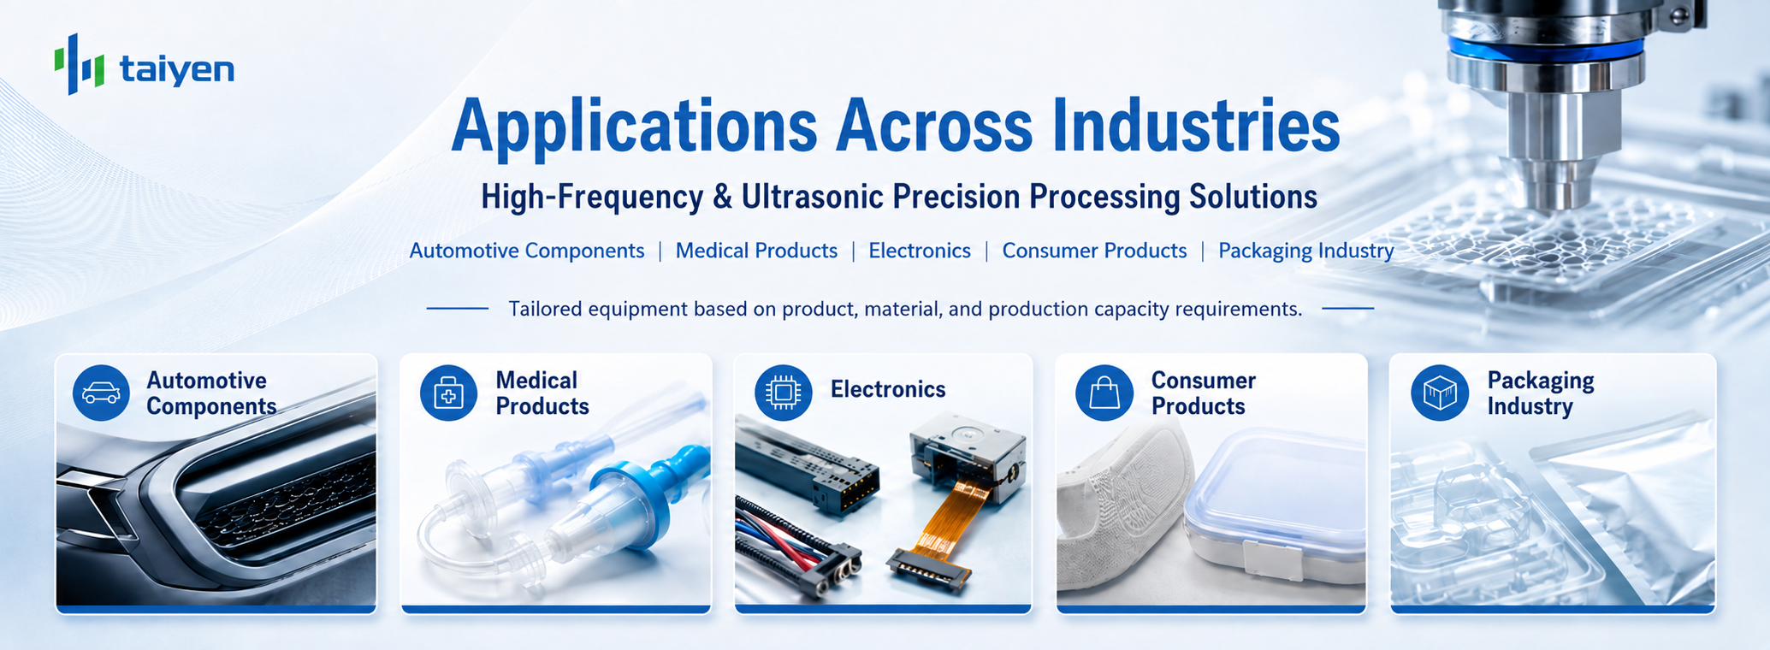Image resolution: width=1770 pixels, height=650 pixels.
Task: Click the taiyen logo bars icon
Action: pyautogui.click(x=80, y=63)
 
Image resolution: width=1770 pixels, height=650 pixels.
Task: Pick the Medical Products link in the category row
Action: pyautogui.click(x=756, y=251)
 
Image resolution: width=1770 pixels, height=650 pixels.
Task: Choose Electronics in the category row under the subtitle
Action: pyautogui.click(x=920, y=251)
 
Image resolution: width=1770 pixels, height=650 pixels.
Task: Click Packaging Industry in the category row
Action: pyautogui.click(x=1306, y=251)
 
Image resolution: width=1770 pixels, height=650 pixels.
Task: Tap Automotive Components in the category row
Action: pyautogui.click(x=527, y=251)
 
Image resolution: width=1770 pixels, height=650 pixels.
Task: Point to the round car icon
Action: pyautogui.click(x=101, y=393)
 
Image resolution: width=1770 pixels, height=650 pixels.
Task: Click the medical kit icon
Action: pyautogui.click(x=448, y=393)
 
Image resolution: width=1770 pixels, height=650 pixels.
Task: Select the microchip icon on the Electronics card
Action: pyautogui.click(x=783, y=393)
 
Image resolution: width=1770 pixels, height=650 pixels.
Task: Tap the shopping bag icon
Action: pyautogui.click(x=1104, y=393)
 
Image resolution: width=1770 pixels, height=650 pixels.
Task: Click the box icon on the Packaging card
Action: pyautogui.click(x=1440, y=393)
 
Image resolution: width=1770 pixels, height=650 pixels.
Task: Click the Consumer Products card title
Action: pyautogui.click(x=1203, y=393)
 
